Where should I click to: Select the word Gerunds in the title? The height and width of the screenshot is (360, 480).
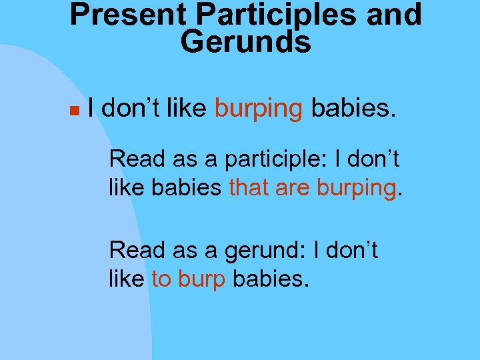pos(245,42)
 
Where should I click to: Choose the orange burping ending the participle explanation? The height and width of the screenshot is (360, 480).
pos(356,188)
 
